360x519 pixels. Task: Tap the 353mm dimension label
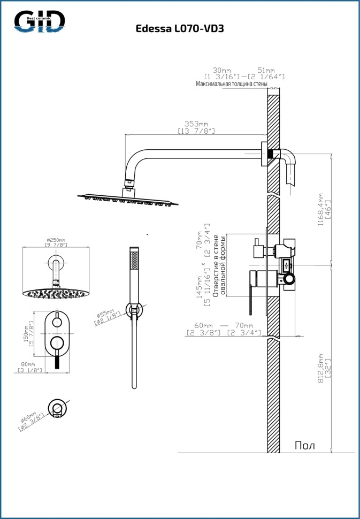tap(196, 124)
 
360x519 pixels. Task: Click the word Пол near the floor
tap(305, 445)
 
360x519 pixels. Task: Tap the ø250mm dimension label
tap(56, 240)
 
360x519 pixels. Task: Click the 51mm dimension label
tap(266, 70)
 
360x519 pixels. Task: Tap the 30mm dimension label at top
tap(221, 70)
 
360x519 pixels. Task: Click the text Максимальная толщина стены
tap(232, 84)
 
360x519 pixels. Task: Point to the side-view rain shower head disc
tap(128, 198)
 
